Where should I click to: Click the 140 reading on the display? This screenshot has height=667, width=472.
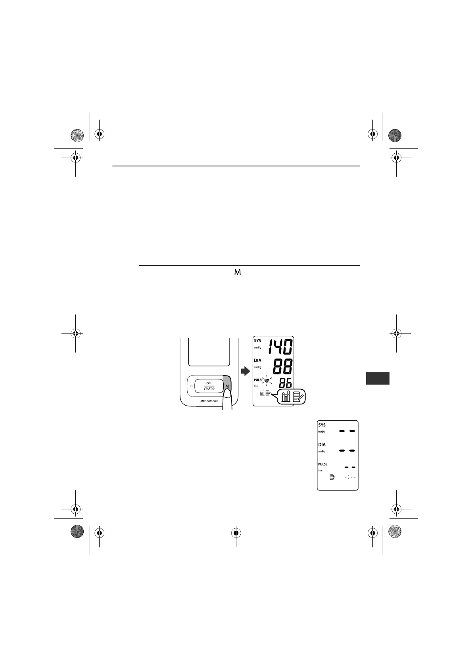[280, 347]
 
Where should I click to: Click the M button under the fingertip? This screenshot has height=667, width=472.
[227, 386]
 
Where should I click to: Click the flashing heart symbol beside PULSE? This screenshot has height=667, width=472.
[267, 381]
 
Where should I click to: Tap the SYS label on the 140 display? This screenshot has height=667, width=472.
[258, 341]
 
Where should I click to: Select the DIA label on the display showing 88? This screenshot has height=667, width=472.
[258, 361]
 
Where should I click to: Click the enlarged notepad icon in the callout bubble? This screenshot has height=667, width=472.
[298, 396]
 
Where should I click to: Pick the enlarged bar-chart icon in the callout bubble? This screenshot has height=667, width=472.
[286, 396]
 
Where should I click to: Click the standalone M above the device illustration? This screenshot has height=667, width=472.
[238, 273]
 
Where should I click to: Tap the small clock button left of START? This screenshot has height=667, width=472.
[192, 386]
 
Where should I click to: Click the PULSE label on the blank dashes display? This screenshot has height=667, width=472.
[323, 464]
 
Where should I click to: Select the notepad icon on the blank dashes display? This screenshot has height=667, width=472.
[332, 478]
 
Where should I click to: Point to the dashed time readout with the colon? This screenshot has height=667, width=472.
[350, 477]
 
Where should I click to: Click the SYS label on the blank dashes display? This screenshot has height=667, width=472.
[322, 425]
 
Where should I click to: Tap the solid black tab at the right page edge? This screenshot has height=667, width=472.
[378, 378]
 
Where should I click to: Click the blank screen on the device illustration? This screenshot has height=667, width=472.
[209, 351]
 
